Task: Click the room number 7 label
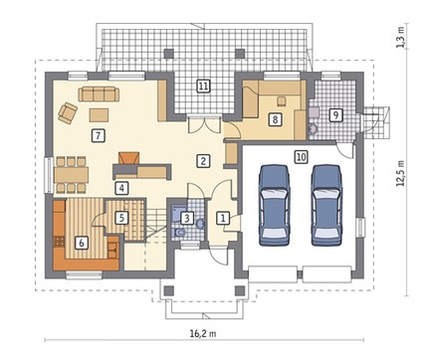[x=98, y=135]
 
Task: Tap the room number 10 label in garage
[x=301, y=157]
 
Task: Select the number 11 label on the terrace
[x=203, y=87]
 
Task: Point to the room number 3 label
[x=187, y=218]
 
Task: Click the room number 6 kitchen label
[x=82, y=243]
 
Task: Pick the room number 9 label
[x=335, y=114]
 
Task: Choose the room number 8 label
[x=275, y=119]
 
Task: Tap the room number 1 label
[x=223, y=218]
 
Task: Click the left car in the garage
[x=275, y=206]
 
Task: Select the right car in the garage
[x=326, y=206]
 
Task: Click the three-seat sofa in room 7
[x=99, y=93]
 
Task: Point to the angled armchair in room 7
[x=68, y=112]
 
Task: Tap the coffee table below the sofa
[x=99, y=115]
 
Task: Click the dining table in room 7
[x=72, y=175]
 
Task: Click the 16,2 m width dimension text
[x=203, y=333]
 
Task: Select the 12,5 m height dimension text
[x=401, y=173]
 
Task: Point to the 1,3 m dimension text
[x=401, y=37]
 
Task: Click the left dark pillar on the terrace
[x=169, y=54]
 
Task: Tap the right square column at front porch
[x=240, y=290]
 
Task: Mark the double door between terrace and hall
[x=205, y=124]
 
